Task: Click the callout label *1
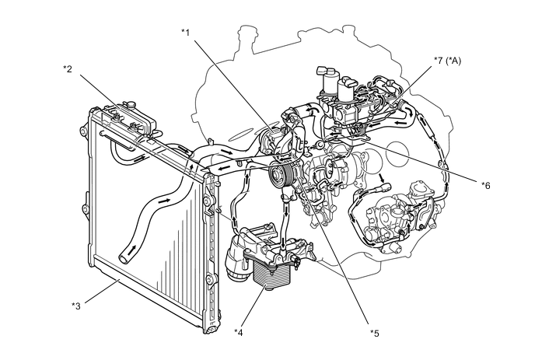tap(186, 32)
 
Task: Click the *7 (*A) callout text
tap(453, 60)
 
